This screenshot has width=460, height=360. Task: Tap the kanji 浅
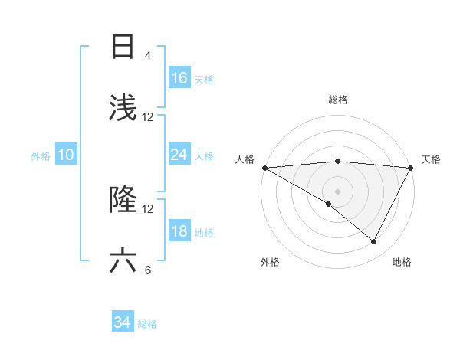tap(123, 108)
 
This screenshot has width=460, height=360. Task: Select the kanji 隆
tap(123, 200)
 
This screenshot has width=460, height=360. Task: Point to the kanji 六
tap(123, 261)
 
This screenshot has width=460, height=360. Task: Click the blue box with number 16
tap(179, 78)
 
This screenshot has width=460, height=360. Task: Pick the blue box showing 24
tap(179, 155)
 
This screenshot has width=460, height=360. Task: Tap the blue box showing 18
tap(179, 232)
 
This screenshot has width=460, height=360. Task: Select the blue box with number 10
tap(65, 155)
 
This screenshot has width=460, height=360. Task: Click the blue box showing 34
tap(123, 322)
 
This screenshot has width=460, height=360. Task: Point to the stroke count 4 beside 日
tap(148, 56)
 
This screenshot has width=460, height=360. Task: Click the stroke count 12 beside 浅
tap(148, 117)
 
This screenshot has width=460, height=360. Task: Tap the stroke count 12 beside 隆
tap(148, 208)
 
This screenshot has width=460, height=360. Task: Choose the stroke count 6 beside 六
tap(148, 270)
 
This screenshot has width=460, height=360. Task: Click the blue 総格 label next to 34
tap(147, 324)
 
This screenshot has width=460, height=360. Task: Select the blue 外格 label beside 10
tap(41, 156)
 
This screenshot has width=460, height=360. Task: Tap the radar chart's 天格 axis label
tap(431, 159)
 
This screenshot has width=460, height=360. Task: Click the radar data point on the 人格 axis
tap(264, 168)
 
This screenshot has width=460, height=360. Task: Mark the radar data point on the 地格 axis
tap(374, 242)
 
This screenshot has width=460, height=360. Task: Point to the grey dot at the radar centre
tap(337, 191)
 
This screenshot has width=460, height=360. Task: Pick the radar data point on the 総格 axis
tap(337, 161)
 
